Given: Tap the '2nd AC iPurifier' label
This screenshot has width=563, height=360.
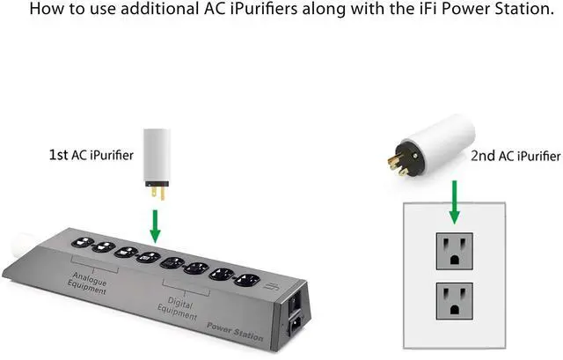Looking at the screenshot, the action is pos(515,156).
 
